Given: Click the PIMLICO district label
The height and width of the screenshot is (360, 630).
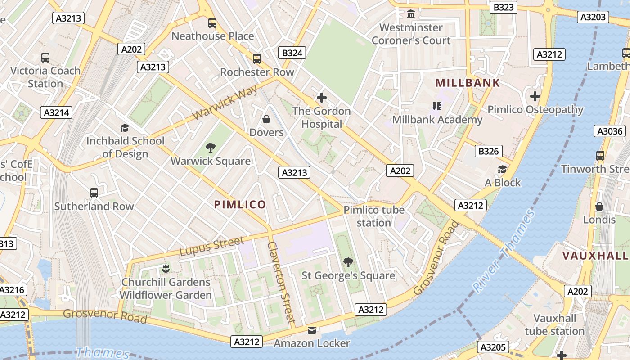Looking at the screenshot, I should pos(240,205).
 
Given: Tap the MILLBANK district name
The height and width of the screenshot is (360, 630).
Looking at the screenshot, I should pos(468,83).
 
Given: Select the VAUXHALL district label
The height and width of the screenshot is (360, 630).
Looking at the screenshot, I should pos(595,256).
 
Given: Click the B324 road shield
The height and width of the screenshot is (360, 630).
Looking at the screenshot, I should pos(292,53).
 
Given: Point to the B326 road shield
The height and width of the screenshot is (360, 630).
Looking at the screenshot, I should pos(488,151).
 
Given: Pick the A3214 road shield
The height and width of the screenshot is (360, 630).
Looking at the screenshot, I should pos(56,112).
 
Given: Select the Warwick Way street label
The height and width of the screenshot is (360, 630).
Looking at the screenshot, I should pos(225,103).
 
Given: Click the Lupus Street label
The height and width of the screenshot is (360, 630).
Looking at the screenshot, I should pos(211,247).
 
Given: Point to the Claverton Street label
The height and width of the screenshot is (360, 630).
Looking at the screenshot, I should pos(281,283).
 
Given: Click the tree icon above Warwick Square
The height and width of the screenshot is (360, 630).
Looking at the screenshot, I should pos(210,148).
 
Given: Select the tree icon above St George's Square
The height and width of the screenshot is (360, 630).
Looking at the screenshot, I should pos(348,262).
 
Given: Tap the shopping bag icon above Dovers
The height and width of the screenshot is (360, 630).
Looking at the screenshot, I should pos(266,119).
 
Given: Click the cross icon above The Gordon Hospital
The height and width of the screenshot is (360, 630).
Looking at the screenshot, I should pos(321,97).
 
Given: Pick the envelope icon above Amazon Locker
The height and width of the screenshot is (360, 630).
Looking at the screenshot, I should pos(312,330).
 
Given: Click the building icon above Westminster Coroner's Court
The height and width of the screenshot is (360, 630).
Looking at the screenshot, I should pos(410,14).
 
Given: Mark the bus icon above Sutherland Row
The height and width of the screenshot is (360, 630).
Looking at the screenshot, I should pos(94,193).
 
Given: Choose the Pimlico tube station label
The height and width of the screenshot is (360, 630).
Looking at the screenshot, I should pos(373,216).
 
